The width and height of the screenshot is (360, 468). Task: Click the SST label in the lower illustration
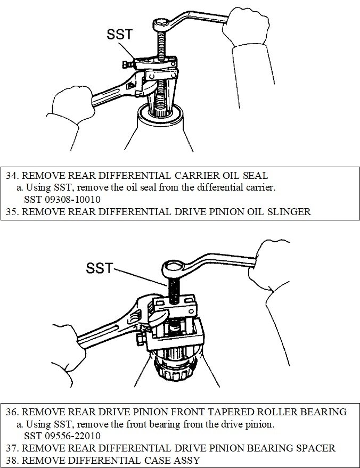point(100,268)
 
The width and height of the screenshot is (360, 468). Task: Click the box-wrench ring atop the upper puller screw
point(160,24)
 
